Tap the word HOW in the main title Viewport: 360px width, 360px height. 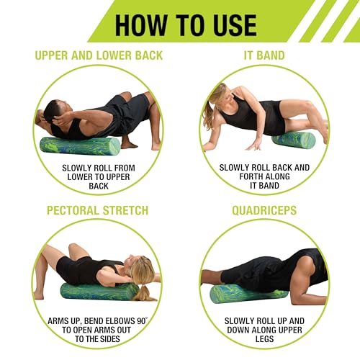coord(141,25)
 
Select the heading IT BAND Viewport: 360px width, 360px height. coord(264,55)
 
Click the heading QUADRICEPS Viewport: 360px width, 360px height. coord(264,210)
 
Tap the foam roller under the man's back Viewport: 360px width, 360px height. coord(80,146)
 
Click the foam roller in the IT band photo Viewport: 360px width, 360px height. coord(294,140)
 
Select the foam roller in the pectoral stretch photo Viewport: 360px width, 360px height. coord(99,292)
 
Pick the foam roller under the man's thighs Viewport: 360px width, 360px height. coord(248,294)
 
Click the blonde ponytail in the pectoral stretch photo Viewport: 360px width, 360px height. coord(144,293)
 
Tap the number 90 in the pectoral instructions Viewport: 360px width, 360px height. coord(141,321)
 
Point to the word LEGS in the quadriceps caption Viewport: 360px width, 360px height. coord(264,339)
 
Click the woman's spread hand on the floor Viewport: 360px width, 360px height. coord(254,144)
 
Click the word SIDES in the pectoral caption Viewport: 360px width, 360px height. coord(109,339)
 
